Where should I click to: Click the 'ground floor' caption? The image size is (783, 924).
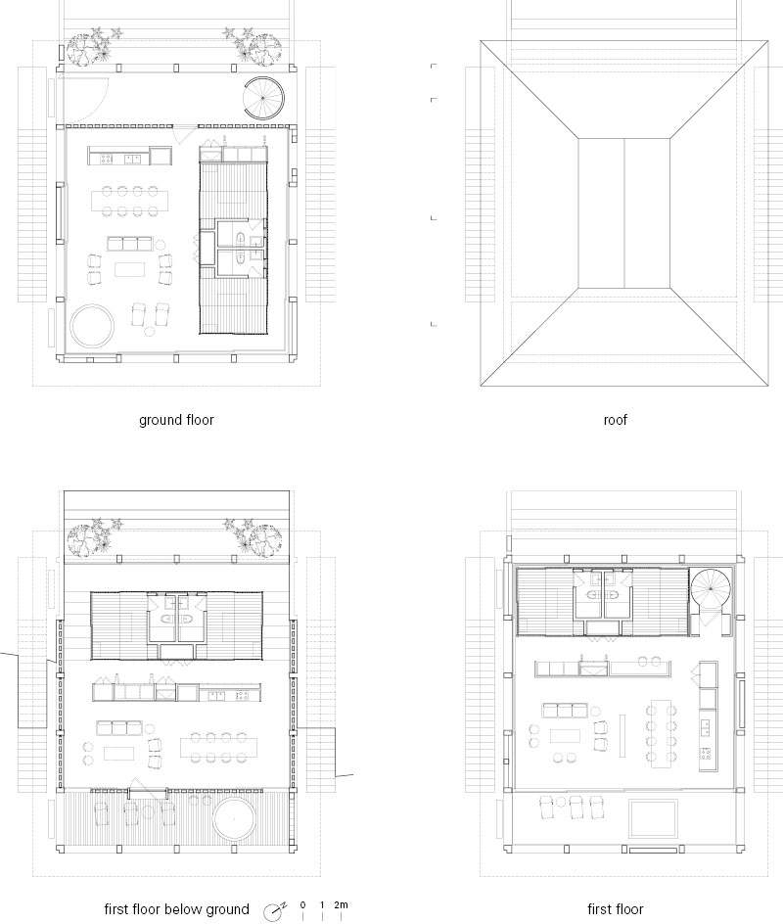(x=176, y=420)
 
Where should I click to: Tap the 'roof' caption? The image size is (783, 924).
(x=615, y=420)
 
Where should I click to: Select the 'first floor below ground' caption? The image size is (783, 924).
(x=177, y=909)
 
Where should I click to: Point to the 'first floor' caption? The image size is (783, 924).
(x=615, y=909)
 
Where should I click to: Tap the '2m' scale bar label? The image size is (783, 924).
(x=341, y=904)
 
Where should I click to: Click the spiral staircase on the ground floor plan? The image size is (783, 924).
(x=264, y=98)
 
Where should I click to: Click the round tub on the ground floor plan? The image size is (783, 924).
(x=91, y=325)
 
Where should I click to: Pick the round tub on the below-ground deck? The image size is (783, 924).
(x=234, y=819)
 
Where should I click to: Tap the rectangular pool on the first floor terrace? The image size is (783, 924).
(x=653, y=818)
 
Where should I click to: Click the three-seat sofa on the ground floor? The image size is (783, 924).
(x=129, y=244)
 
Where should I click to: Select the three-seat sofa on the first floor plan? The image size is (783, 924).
(x=565, y=710)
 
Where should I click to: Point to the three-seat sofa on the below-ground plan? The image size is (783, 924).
(x=119, y=727)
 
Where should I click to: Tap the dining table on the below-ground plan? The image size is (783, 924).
(x=218, y=747)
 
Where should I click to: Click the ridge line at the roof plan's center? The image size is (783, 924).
(x=623, y=212)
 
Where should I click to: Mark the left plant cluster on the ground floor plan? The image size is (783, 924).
(x=93, y=46)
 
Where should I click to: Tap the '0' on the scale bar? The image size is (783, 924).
(x=302, y=904)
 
